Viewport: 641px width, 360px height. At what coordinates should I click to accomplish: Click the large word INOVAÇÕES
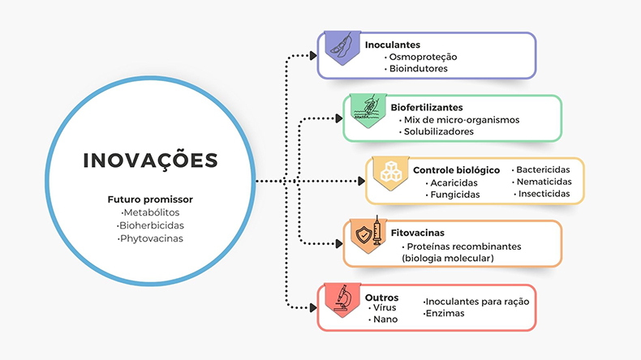[151, 160]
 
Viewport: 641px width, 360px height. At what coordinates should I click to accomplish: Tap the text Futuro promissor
[150, 199]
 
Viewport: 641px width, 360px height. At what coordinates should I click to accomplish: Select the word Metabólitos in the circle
[150, 212]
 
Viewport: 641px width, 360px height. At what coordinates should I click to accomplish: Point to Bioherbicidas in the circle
[150, 225]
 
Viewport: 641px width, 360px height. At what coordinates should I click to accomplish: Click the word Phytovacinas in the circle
[150, 238]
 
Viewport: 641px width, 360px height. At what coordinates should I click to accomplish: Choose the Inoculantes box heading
[393, 45]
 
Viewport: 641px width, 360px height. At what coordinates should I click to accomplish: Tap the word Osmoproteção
[420, 58]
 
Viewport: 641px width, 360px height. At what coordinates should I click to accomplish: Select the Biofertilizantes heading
[427, 107]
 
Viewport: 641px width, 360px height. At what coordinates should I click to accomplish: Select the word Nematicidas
[543, 182]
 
